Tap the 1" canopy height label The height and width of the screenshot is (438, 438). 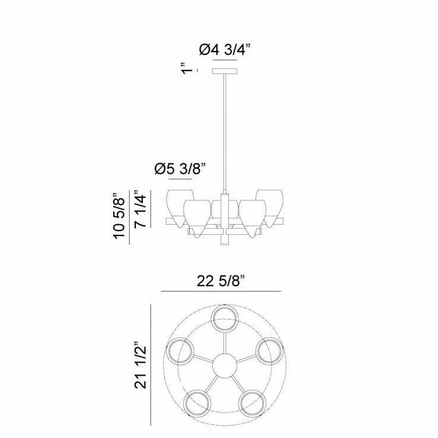pyautogui.click(x=187, y=68)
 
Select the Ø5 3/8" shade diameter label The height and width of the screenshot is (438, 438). pyautogui.click(x=180, y=169)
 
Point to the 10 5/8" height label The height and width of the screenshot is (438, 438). pyautogui.click(x=119, y=215)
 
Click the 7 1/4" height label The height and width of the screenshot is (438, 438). pyautogui.click(x=140, y=209)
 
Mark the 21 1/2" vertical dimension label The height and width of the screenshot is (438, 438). pyautogui.click(x=140, y=365)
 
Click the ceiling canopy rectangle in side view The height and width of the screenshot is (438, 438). pyautogui.click(x=225, y=71)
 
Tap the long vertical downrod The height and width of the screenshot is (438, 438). pyautogui.click(x=225, y=133)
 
